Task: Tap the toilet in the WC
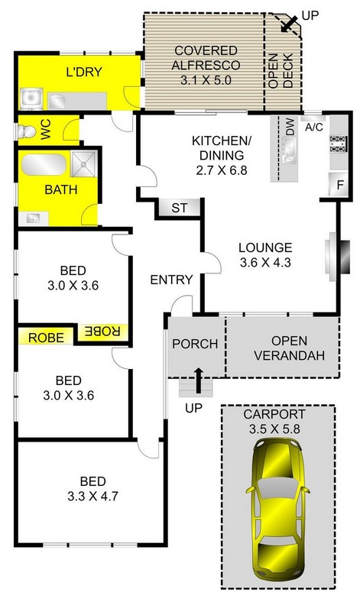27,131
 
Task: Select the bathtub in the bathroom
44,164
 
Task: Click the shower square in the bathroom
83,164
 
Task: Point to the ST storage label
179,208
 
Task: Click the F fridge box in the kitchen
339,185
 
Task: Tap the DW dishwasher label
290,127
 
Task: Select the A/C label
314,128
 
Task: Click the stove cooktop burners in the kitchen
338,144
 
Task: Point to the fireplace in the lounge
337,257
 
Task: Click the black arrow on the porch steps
198,380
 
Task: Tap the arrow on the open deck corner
289,24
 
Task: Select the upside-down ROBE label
102,331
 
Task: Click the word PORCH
195,344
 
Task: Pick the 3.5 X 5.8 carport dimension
274,429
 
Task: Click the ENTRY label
171,280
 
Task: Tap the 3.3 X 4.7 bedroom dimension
92,496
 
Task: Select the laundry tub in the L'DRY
31,99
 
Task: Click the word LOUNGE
265,247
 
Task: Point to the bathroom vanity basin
33,218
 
